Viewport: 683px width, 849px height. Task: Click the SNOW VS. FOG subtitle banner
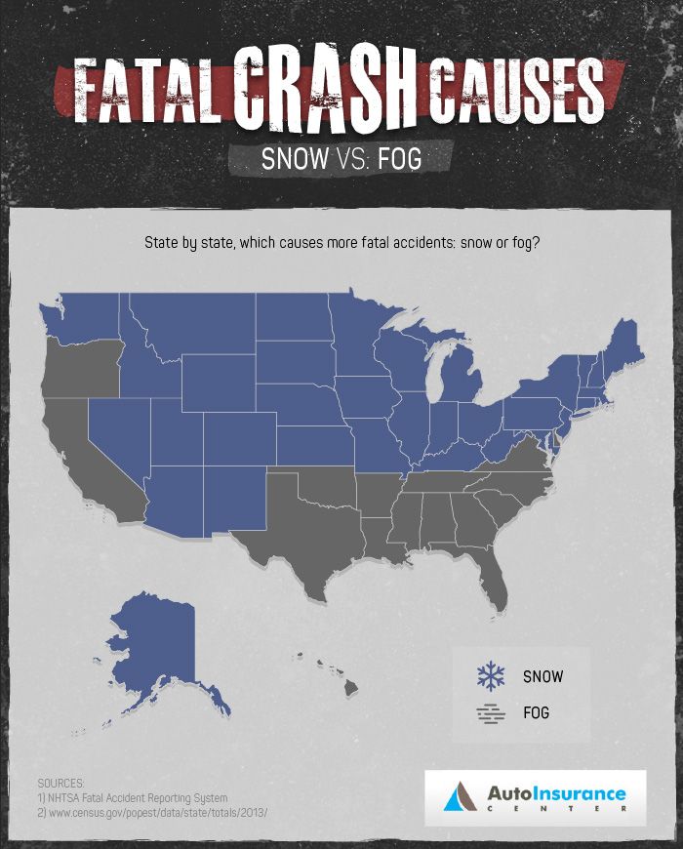[x=341, y=159]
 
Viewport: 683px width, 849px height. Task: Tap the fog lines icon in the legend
[x=490, y=713]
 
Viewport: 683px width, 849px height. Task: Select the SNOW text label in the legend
[x=542, y=676]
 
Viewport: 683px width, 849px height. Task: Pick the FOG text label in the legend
[x=536, y=713]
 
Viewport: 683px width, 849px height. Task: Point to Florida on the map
[x=493, y=576]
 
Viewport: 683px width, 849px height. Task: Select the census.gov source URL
[x=151, y=812]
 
